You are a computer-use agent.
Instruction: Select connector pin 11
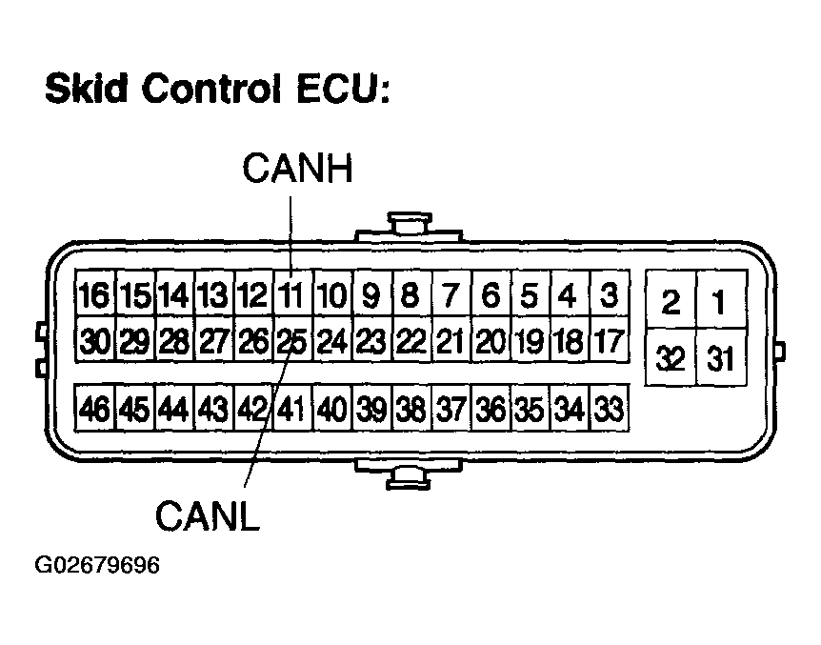293,296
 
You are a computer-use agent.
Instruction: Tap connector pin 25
291,341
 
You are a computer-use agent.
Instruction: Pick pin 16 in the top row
95,296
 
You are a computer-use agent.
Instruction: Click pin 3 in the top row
608,296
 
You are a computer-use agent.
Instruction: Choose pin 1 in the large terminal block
719,304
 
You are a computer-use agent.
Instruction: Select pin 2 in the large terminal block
671,304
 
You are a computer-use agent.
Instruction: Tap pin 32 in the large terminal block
671,358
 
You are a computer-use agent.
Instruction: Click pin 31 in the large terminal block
719,358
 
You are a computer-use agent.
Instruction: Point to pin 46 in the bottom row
95,410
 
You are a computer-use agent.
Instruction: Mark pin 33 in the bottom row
608,410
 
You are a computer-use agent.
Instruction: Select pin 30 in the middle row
95,341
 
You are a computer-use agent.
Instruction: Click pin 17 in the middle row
608,341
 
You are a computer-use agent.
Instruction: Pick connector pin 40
331,410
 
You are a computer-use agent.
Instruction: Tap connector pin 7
451,296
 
